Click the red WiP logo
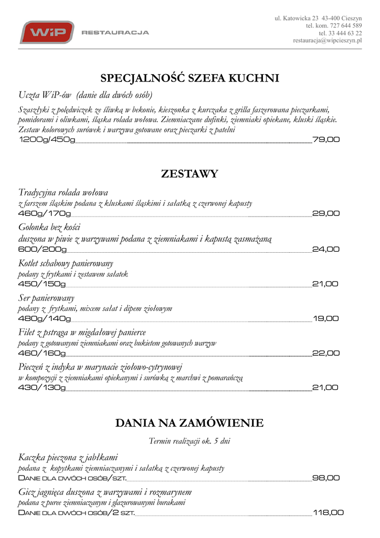tap(47, 32)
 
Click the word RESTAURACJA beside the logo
tap(115, 33)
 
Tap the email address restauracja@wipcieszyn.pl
tap(328, 40)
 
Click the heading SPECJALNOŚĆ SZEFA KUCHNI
tap(189, 78)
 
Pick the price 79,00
tap(326, 140)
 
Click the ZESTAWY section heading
tap(189, 174)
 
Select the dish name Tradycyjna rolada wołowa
tap(63, 192)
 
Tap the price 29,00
tap(326, 213)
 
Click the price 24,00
tap(326, 249)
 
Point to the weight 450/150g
tap(42, 284)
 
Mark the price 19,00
tap(326, 318)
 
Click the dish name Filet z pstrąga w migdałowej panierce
tap(82, 333)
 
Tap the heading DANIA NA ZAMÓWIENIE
tap(189, 423)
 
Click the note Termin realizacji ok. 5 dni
tap(189, 441)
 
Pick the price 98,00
tap(326, 478)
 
